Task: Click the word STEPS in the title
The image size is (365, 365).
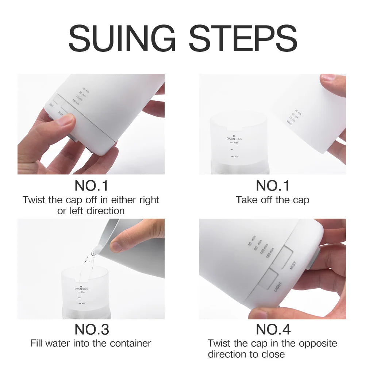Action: pos(243,38)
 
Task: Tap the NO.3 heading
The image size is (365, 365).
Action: pos(92,329)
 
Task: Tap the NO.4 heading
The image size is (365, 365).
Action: pos(273,329)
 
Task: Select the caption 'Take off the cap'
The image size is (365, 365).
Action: pos(272,200)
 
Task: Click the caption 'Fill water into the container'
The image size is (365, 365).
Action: pos(91,343)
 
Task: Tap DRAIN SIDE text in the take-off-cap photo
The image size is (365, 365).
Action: pos(234,139)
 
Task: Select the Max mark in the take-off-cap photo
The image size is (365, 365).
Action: pos(235,143)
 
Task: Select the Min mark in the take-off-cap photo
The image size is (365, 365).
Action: pos(235,156)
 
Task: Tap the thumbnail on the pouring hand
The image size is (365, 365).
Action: pos(116,247)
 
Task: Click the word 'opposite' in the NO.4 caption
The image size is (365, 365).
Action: pos(318,343)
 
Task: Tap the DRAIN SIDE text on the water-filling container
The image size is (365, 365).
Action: pos(81,288)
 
